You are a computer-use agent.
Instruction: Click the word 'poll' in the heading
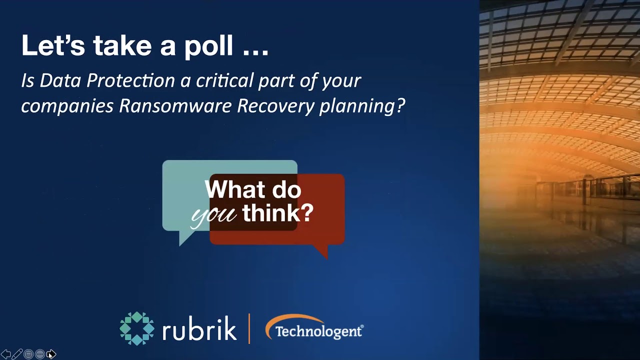click(x=208, y=46)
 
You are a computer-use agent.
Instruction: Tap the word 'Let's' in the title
click(x=53, y=45)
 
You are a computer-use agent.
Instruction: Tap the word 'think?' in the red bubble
click(x=278, y=213)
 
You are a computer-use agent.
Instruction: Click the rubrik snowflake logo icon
click(x=137, y=328)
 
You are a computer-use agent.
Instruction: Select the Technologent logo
click(x=314, y=329)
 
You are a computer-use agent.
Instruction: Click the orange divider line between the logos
click(x=249, y=328)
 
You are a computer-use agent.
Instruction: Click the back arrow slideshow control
click(x=6, y=354)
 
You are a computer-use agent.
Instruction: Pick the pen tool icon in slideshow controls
click(x=17, y=354)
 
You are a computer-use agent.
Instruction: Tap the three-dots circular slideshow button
click(x=39, y=354)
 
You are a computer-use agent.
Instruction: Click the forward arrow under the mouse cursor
click(x=50, y=354)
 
